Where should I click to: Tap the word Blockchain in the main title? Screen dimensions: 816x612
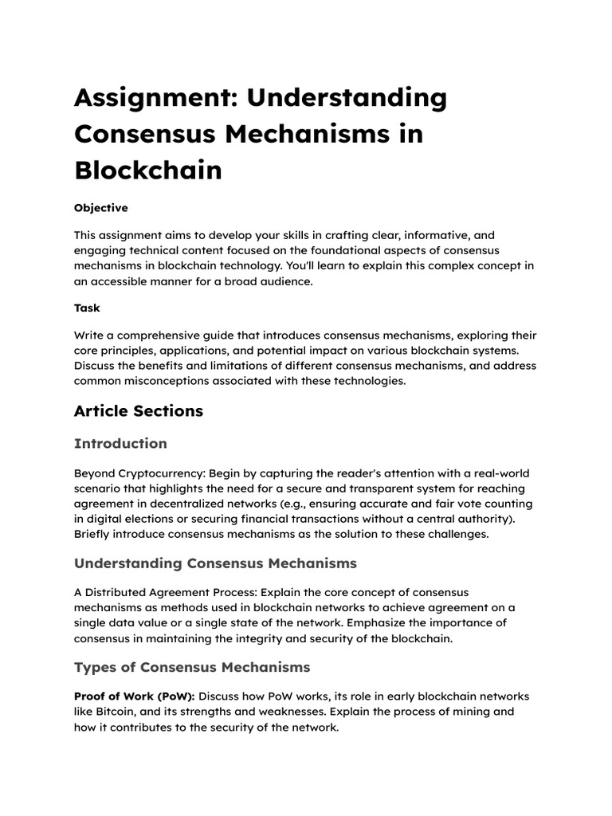click(x=147, y=170)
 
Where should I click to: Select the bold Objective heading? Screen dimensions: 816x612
click(x=100, y=208)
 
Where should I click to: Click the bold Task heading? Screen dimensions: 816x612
click(x=87, y=308)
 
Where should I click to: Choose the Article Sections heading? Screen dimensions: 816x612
click(x=138, y=411)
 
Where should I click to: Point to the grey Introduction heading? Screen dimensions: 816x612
click(x=120, y=444)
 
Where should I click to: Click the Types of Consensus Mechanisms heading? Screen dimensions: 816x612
click(x=192, y=667)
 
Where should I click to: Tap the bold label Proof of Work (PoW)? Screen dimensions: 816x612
click(x=134, y=696)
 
